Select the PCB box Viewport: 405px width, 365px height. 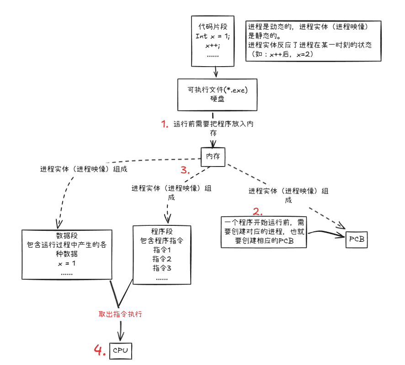(357, 239)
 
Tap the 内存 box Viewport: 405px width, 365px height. (213, 156)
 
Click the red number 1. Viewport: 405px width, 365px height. (165, 124)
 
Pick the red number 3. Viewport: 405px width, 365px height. (185, 170)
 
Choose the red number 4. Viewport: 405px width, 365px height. (100, 350)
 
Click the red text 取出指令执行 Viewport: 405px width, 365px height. (121, 314)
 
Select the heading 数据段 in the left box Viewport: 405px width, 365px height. (67, 235)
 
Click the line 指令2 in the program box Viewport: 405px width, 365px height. (161, 259)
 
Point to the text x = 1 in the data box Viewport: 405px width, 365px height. (67, 264)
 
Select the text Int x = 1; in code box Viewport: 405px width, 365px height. (213, 36)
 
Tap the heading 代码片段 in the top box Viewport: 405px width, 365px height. (213, 27)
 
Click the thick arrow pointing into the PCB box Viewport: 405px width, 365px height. (327, 234)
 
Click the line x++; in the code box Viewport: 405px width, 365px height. (213, 45)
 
